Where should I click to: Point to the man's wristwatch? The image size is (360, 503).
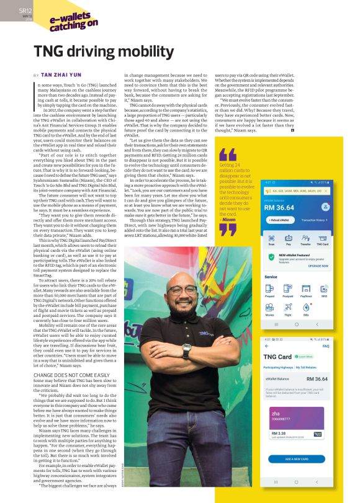pos(187,350)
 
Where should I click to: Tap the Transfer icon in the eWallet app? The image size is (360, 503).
pos(307,239)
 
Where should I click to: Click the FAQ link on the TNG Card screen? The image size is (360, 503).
pos(325,346)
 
